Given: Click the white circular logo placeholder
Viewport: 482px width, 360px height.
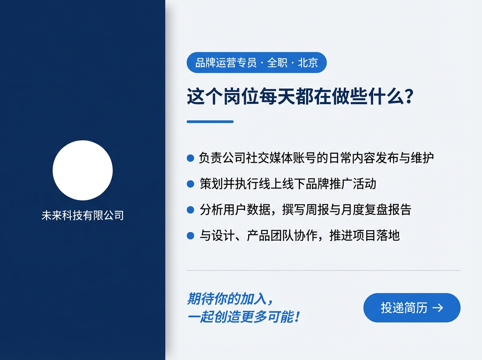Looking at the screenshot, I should (x=83, y=170).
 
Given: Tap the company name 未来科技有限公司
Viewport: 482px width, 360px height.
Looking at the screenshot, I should (x=83, y=216).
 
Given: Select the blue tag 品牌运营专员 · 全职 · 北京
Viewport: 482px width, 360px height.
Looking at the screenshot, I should (x=257, y=63).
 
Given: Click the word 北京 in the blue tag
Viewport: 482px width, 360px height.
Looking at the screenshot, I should (x=308, y=63).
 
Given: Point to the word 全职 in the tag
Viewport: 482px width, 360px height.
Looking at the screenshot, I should (x=277, y=63).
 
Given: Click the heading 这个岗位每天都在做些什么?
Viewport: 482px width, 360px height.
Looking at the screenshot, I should (x=300, y=97).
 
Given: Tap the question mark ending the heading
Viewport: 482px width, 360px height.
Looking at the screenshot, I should (x=409, y=97).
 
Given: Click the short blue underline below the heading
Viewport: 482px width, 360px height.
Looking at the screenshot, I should (x=210, y=121).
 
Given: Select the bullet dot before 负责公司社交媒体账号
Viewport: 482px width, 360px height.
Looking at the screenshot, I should (x=191, y=158).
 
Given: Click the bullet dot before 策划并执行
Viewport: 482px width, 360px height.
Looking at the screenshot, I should (x=191, y=184).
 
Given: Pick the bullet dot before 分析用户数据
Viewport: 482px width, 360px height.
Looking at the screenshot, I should (x=191, y=210).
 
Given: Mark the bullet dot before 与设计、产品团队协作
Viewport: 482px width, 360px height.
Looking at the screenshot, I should (x=191, y=235).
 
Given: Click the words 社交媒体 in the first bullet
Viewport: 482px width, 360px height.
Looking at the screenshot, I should (x=268, y=158).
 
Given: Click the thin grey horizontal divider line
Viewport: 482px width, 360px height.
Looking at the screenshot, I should (x=323, y=270).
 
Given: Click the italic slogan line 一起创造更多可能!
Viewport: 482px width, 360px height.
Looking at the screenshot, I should (x=243, y=317).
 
